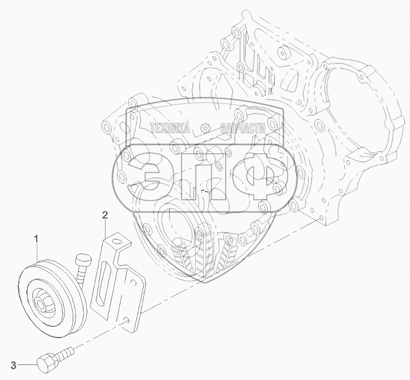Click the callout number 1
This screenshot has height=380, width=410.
tap(36, 239)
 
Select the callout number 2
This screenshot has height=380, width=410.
tap(105, 215)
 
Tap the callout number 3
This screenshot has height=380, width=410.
tap(13, 365)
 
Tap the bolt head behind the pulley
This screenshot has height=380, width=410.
tap(84, 259)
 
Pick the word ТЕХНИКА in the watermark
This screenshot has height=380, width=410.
tap(170, 128)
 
